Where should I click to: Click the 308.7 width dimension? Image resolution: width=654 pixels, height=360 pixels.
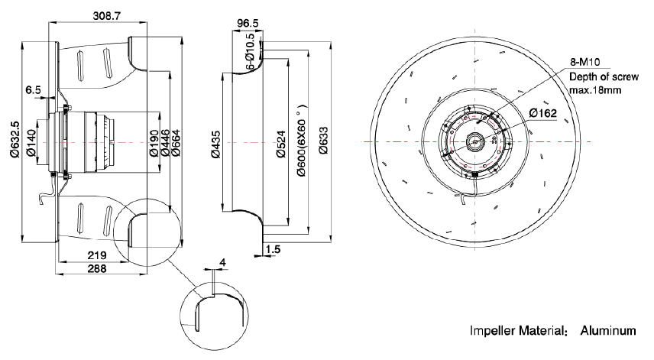point(106,16)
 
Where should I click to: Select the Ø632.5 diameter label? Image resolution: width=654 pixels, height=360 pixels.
point(15,139)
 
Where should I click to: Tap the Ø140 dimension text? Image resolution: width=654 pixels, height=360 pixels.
point(31,143)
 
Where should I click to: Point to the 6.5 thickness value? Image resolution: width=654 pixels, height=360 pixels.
point(33,90)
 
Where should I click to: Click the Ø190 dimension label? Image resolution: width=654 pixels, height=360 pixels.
point(154,143)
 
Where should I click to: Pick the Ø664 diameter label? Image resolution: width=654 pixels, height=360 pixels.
point(175,143)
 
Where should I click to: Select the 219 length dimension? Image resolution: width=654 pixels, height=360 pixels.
point(97,255)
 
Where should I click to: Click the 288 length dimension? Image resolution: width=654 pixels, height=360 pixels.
point(97,268)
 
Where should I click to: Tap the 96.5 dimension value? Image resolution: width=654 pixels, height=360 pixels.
point(248,24)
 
